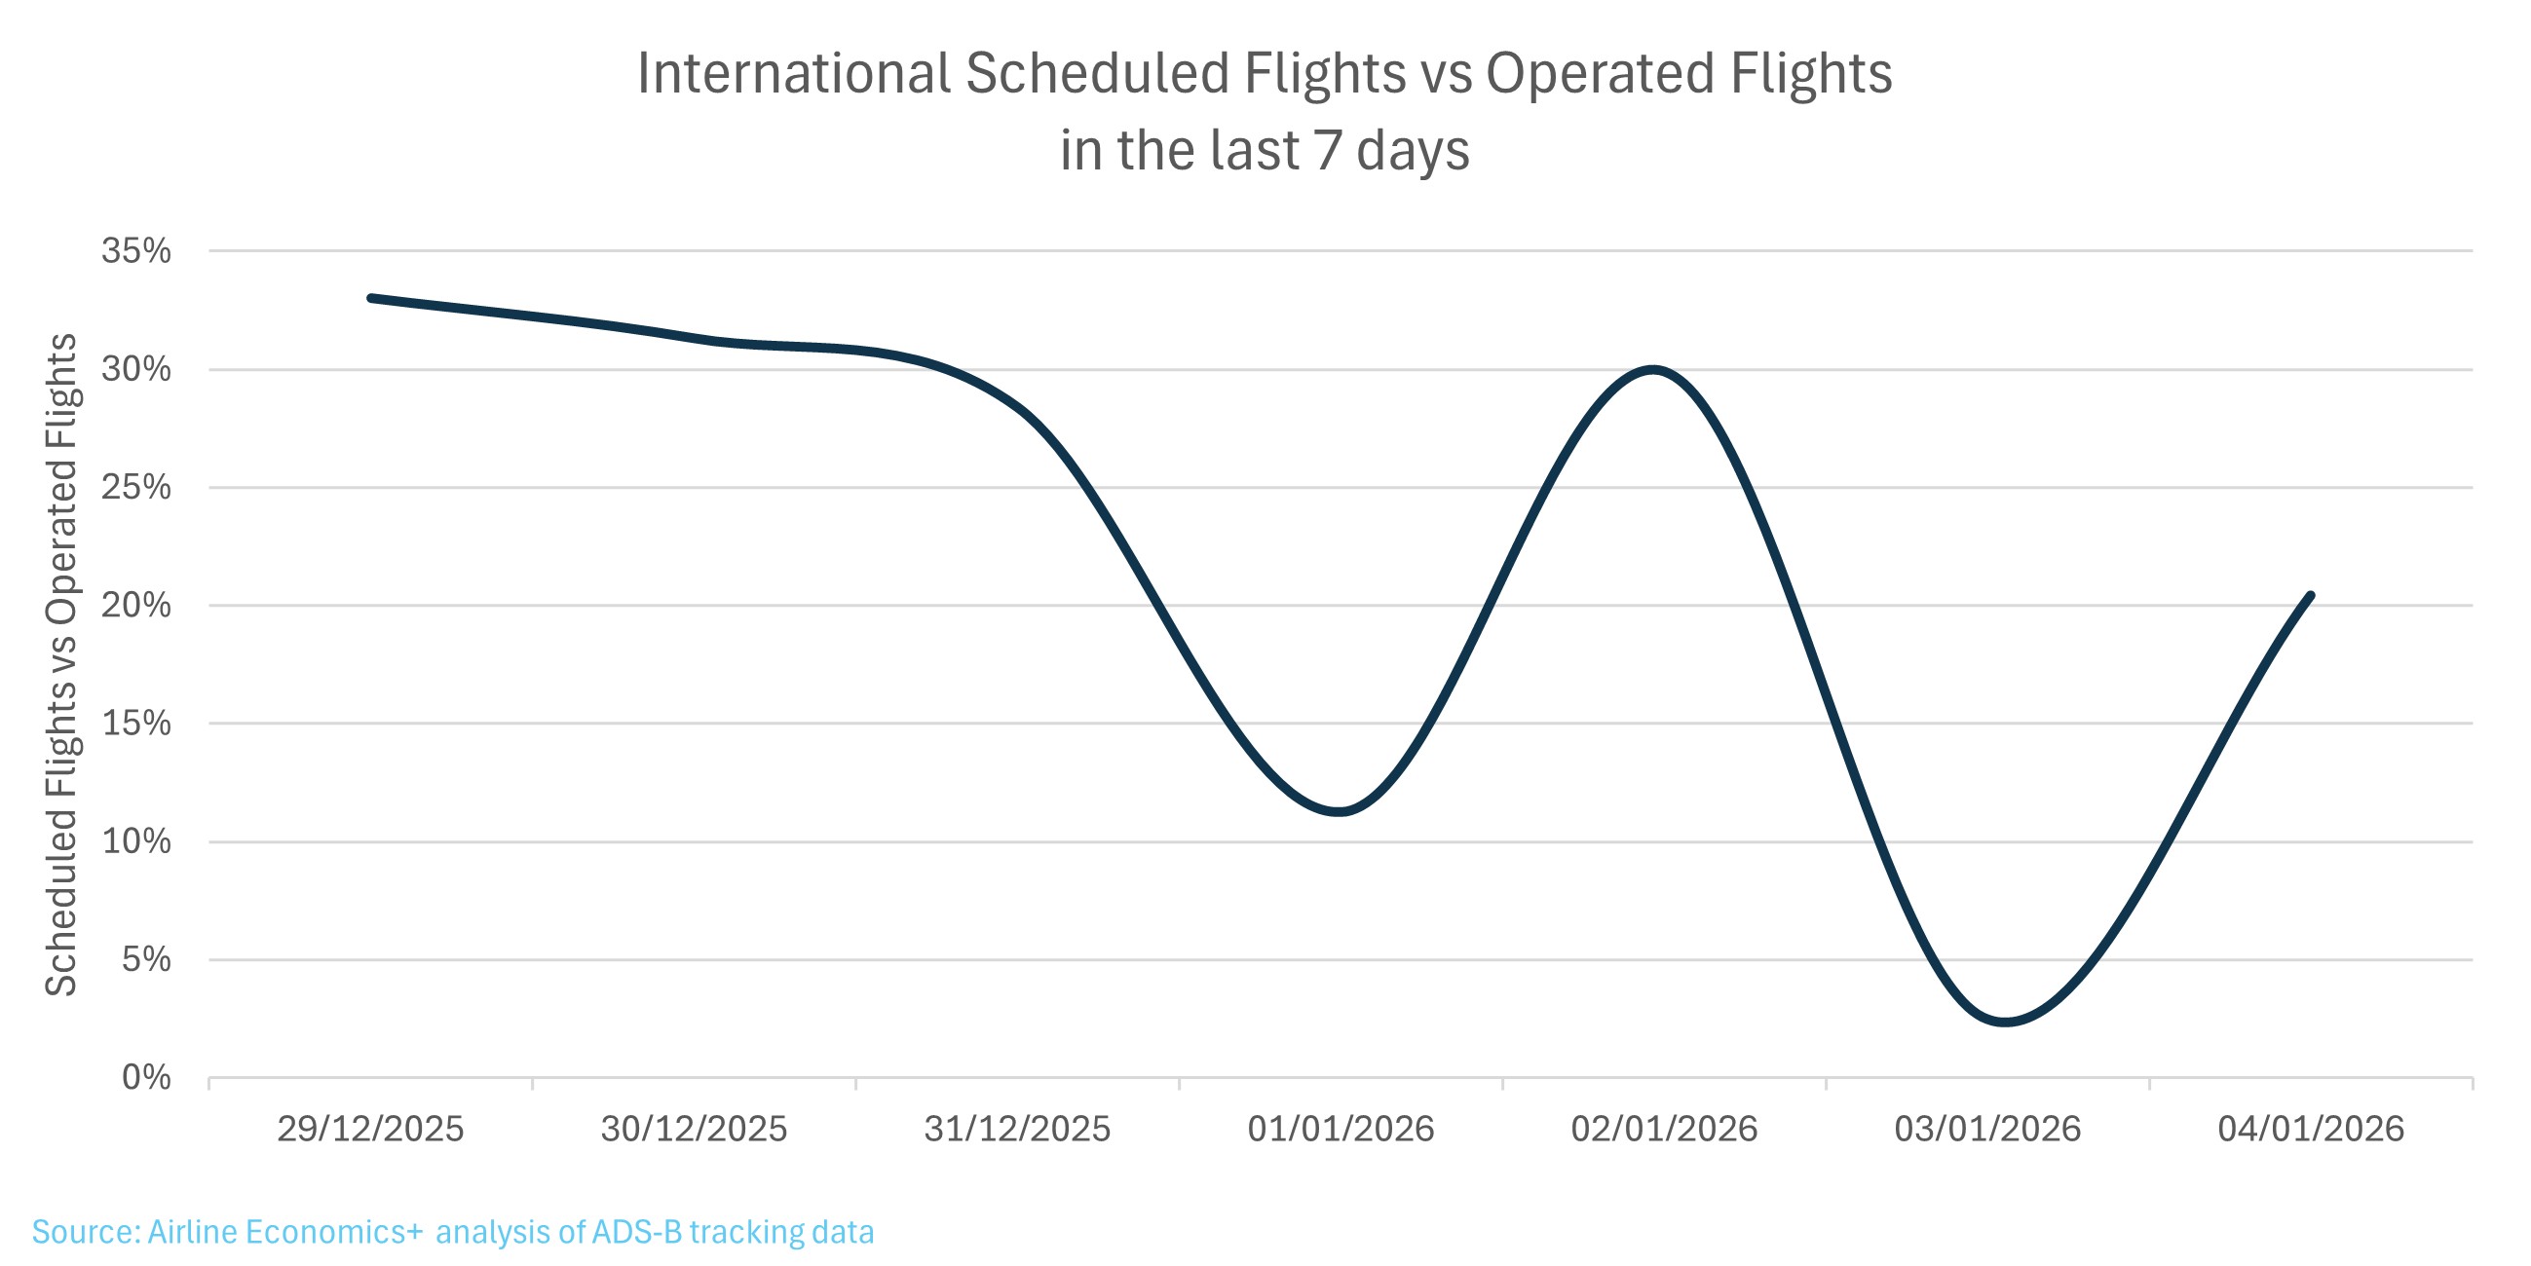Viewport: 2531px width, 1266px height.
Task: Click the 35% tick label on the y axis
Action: click(135, 251)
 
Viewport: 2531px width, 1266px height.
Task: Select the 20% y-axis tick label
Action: click(135, 605)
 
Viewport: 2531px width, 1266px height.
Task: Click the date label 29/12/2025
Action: click(370, 1130)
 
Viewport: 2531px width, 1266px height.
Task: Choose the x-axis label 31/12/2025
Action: click(1017, 1130)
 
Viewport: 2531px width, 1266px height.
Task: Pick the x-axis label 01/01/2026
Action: click(1341, 1130)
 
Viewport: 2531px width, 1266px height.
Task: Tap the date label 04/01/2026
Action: click(2310, 1130)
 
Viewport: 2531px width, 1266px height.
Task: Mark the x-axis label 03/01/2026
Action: click(1986, 1130)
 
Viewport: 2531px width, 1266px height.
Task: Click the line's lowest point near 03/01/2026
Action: click(2004, 1023)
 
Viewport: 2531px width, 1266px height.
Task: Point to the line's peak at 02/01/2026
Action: click(1654, 370)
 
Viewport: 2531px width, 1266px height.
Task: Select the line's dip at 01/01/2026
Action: click(1340, 811)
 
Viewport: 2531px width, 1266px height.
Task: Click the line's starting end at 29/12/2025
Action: click(371, 298)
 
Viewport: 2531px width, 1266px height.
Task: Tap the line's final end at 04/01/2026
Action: click(2310, 595)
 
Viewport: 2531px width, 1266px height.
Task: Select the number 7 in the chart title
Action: click(1329, 150)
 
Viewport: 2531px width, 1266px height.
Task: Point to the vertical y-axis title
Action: click(61, 664)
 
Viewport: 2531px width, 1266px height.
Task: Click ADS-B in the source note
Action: click(636, 1232)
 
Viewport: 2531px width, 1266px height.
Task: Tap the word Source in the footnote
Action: click(85, 1232)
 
